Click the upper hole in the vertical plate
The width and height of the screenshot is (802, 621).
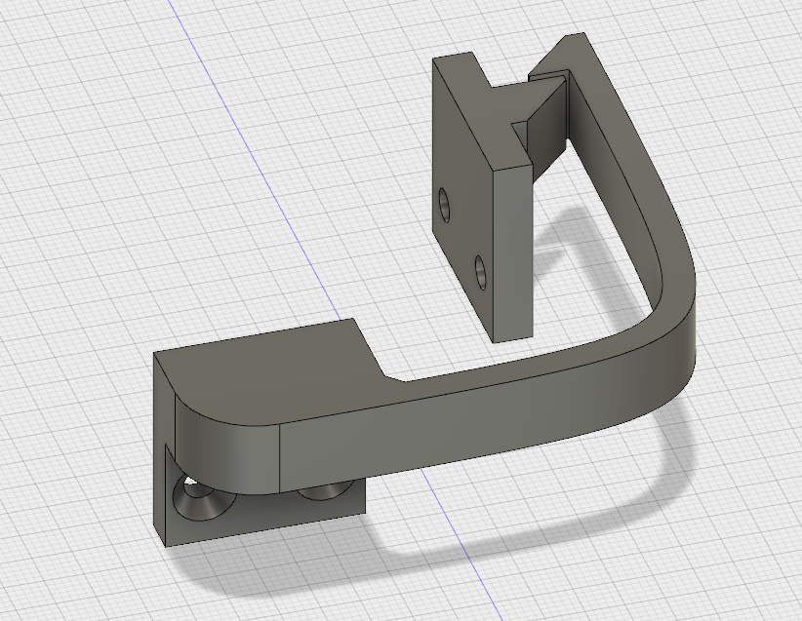[445, 205]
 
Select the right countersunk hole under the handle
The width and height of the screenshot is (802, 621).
[321, 492]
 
